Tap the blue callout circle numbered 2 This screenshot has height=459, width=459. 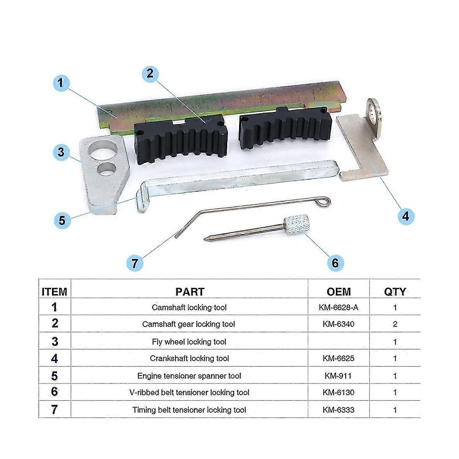(x=150, y=73)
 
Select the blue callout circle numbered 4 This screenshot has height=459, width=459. (x=405, y=216)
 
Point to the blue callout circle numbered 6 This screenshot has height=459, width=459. (x=335, y=262)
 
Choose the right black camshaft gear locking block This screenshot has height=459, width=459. (x=284, y=128)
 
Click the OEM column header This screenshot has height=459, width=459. (x=339, y=291)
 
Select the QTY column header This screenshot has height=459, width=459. (x=395, y=291)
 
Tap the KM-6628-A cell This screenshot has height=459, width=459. (x=339, y=307)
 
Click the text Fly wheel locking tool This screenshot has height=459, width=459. (x=189, y=342)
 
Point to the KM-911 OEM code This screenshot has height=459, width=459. (x=339, y=376)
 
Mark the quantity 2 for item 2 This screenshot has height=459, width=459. (x=395, y=324)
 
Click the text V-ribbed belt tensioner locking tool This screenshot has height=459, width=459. (x=189, y=392)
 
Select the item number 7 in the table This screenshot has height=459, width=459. (x=54, y=410)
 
